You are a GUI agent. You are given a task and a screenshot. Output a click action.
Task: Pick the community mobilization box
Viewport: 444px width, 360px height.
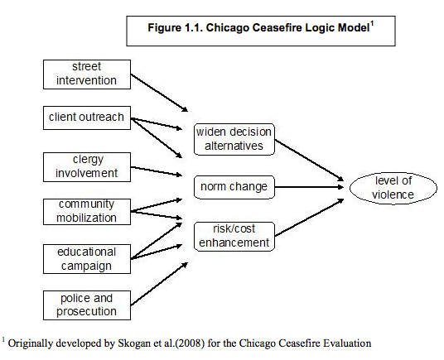click(86, 211)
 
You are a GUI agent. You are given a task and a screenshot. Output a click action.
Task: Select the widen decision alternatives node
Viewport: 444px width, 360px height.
click(233, 138)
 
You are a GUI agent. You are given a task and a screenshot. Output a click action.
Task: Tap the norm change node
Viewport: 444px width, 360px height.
click(234, 186)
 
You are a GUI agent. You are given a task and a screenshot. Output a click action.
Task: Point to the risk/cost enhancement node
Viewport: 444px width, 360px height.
click(234, 235)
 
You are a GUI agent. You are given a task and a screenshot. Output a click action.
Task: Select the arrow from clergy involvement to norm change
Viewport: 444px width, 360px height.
click(157, 170)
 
